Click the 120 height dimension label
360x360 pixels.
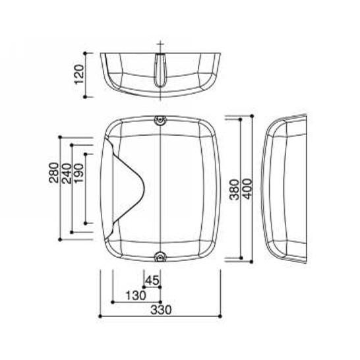point(79,75)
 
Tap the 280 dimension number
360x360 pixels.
point(53,173)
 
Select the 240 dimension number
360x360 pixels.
point(67,173)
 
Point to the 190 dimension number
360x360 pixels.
point(78,173)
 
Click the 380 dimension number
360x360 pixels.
point(235,190)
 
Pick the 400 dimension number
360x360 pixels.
point(247,189)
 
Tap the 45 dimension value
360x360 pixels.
point(152,280)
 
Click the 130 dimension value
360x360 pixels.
point(136,295)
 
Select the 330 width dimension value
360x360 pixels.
point(161,310)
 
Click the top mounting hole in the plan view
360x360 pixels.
point(160,120)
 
